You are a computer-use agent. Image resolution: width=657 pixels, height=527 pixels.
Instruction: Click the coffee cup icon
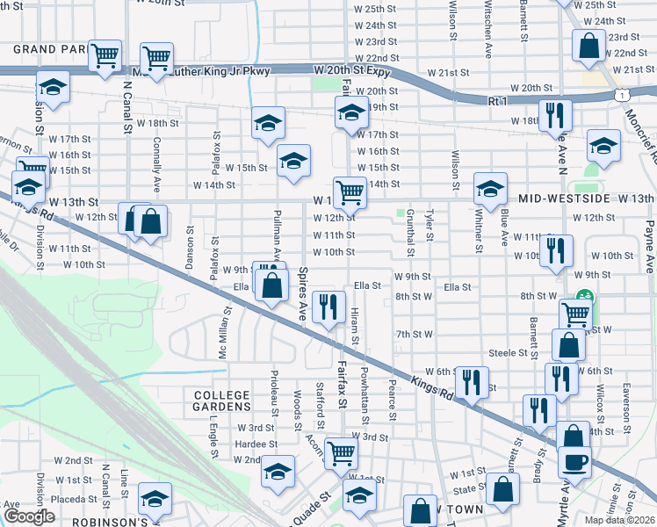tap(575, 460)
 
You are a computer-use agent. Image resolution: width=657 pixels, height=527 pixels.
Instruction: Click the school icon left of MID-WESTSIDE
tap(489, 187)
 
